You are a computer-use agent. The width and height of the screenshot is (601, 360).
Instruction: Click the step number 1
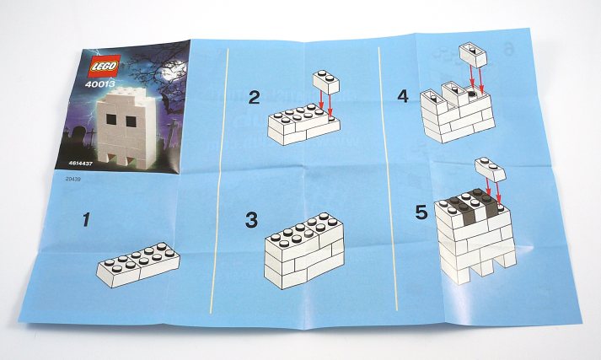point(87,220)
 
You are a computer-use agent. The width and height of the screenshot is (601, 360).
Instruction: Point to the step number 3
point(251,220)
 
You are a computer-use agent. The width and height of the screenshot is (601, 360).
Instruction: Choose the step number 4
point(403,96)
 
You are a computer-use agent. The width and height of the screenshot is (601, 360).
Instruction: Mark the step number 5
point(421,212)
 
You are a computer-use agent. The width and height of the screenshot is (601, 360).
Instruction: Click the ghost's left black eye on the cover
point(111,120)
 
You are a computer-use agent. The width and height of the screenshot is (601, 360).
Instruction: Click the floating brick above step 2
point(326,82)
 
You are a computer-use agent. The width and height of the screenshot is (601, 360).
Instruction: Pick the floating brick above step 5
point(491,169)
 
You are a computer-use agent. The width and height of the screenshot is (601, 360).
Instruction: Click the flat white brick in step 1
point(138,265)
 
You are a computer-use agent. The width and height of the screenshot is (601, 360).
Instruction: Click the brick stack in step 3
point(304,250)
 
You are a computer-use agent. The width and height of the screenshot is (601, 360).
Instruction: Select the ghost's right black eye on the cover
point(131,121)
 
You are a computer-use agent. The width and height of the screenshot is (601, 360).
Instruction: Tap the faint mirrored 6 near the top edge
point(508,50)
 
